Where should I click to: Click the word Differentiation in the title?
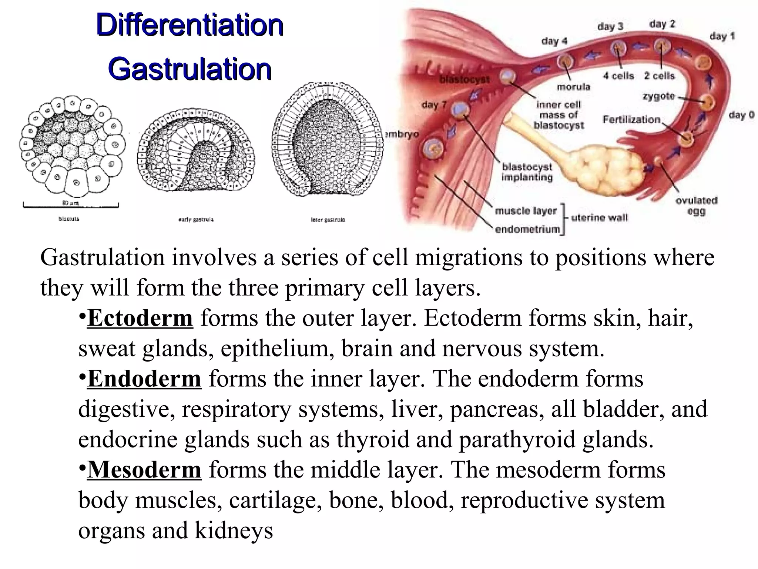click(189, 25)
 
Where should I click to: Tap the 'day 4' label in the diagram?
click(554, 41)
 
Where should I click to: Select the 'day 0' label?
click(741, 115)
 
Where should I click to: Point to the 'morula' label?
click(573, 87)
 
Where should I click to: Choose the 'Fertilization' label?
click(631, 119)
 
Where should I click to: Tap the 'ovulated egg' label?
click(696, 206)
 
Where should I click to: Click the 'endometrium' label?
click(527, 229)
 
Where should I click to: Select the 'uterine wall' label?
click(599, 217)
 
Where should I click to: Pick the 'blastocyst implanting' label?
click(527, 172)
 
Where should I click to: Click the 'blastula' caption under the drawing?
click(69, 219)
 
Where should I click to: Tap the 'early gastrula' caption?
click(196, 219)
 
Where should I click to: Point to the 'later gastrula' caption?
click(328, 220)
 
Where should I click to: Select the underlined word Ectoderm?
click(140, 318)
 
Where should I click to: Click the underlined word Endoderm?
click(144, 379)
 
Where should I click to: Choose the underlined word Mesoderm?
click(144, 470)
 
